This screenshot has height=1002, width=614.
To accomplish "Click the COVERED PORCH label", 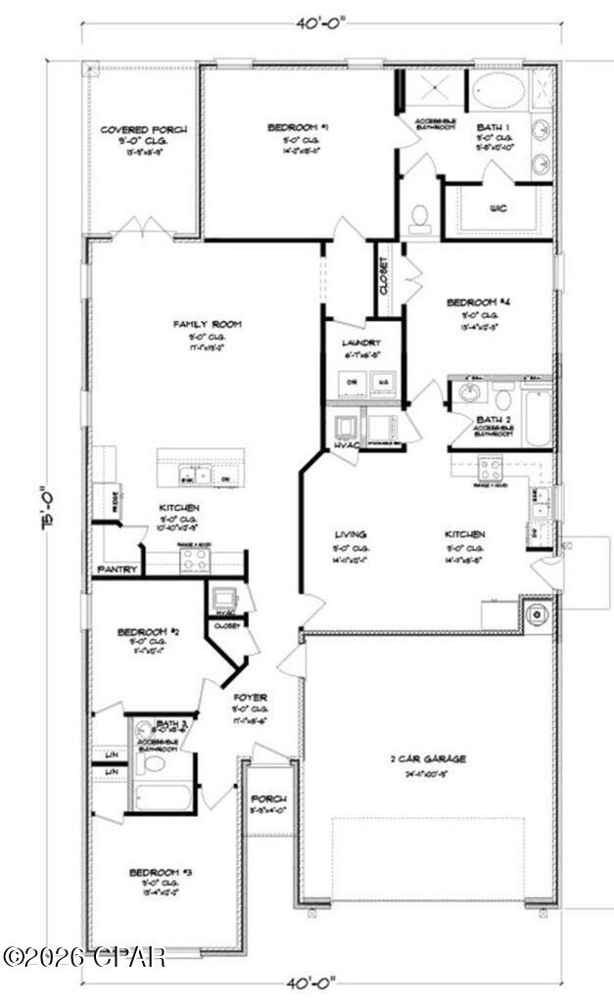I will click(144, 129).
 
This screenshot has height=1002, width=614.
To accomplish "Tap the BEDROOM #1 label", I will click(298, 127).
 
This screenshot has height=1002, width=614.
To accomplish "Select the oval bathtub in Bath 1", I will click(498, 92).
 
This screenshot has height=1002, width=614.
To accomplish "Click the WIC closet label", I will click(497, 207).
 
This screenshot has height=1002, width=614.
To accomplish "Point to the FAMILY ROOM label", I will click(208, 324).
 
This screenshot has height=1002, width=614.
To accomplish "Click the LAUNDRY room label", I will click(354, 342).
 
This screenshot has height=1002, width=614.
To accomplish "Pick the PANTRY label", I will click(116, 568).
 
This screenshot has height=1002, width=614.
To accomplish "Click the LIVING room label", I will click(351, 534).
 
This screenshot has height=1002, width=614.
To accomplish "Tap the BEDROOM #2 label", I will click(148, 632).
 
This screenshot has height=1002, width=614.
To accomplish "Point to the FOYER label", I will click(251, 697).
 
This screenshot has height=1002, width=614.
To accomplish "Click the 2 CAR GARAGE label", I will click(429, 757).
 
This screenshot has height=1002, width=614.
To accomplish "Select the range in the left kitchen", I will click(193, 560).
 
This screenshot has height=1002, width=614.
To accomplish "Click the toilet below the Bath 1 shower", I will click(420, 217).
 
